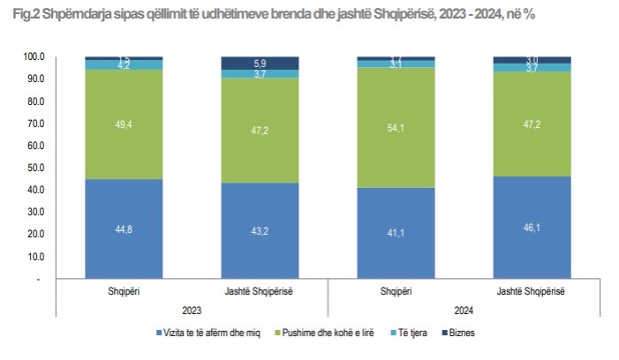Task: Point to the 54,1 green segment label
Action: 396,127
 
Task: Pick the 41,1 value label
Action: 396,233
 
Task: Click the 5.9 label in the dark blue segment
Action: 260,63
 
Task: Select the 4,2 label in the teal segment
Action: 124,64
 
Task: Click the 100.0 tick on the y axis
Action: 33,56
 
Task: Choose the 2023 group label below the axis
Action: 192,309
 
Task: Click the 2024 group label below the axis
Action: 463,309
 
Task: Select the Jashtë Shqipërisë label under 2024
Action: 531,291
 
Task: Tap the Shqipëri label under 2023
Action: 124,291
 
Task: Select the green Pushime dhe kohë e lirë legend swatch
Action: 277,333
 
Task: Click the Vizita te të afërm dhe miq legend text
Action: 209,333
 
